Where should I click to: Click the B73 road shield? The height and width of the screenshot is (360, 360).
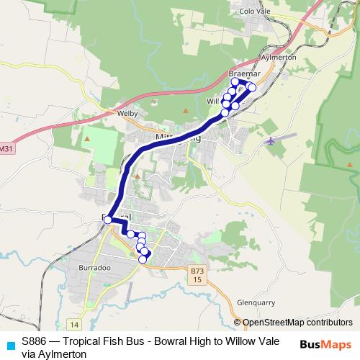198,271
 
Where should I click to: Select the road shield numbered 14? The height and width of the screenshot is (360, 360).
73,325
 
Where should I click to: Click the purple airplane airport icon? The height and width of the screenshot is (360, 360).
270,140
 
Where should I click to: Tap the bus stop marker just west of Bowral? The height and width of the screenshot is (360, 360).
107,220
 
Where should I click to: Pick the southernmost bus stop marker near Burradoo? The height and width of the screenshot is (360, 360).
143,259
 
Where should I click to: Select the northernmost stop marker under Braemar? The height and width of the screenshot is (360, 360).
235,82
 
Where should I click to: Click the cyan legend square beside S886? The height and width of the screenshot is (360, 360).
9,343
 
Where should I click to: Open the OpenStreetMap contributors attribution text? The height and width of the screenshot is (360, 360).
297,323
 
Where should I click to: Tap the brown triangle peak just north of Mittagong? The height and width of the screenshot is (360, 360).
186,110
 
